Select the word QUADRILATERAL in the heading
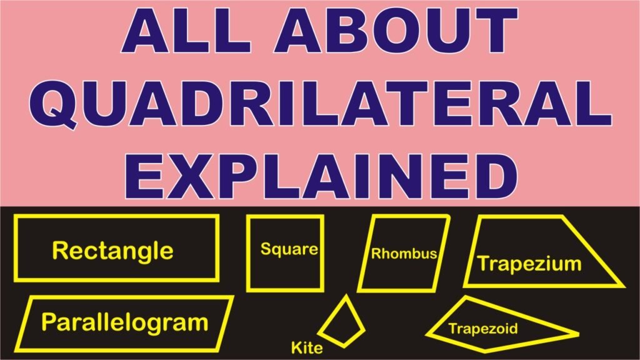point(321,104)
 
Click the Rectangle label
point(112,251)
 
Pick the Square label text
point(289,249)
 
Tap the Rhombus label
point(404,254)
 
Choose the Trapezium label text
point(529,264)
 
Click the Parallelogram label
point(124,322)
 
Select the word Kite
point(306,347)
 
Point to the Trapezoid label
point(483,329)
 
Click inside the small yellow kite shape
point(342,324)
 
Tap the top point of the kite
point(346,295)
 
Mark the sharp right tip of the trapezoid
point(579,334)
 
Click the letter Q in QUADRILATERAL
point(54,104)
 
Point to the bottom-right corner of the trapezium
point(623,285)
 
